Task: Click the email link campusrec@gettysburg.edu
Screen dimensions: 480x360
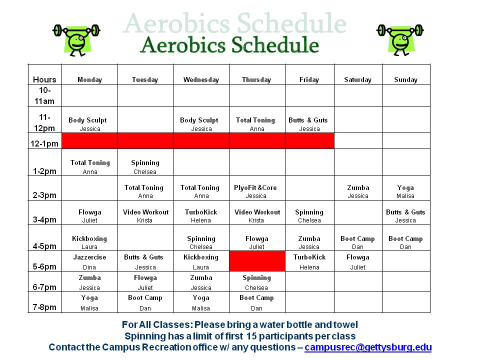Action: pyautogui.click(x=368, y=347)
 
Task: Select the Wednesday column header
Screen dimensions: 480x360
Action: pyautogui.click(x=201, y=79)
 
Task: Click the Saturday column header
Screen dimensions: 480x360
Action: pyautogui.click(x=357, y=79)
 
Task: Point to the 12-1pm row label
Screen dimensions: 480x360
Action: pyautogui.click(x=44, y=143)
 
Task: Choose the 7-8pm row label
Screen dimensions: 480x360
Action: pyautogui.click(x=44, y=307)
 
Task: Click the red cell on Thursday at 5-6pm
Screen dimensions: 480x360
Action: pyautogui.click(x=257, y=261)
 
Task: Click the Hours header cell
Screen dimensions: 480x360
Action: pyautogui.click(x=44, y=79)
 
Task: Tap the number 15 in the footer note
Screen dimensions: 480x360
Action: pyautogui.click(x=251, y=336)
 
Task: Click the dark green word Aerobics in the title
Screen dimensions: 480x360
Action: pyautogui.click(x=183, y=44)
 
